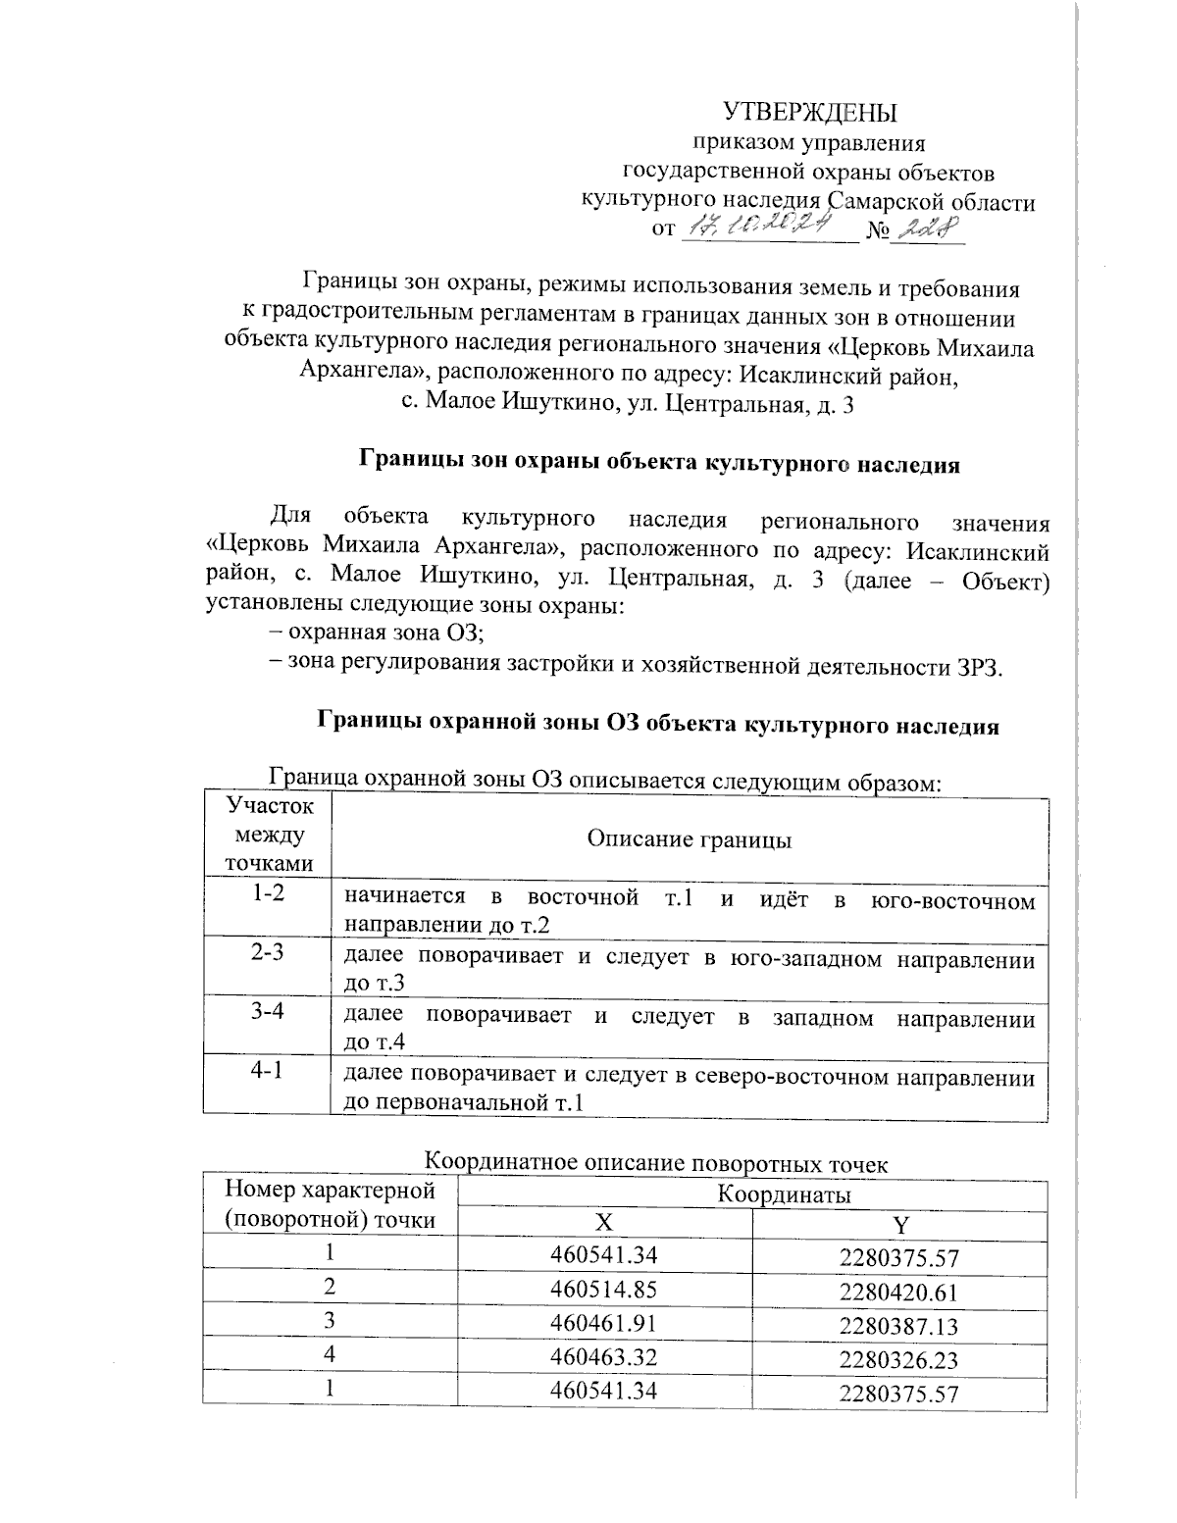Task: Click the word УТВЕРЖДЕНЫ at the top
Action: tap(809, 111)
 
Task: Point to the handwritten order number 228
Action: tap(930, 228)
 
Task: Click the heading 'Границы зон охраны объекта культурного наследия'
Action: tap(660, 464)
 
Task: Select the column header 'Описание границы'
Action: tap(690, 839)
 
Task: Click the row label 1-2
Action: tap(267, 893)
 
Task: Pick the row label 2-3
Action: tap(267, 952)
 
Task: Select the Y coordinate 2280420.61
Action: tap(898, 1292)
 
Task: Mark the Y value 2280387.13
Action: tap(898, 1326)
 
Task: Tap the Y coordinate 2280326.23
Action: tap(898, 1360)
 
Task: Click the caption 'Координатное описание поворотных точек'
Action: tap(656, 1164)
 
